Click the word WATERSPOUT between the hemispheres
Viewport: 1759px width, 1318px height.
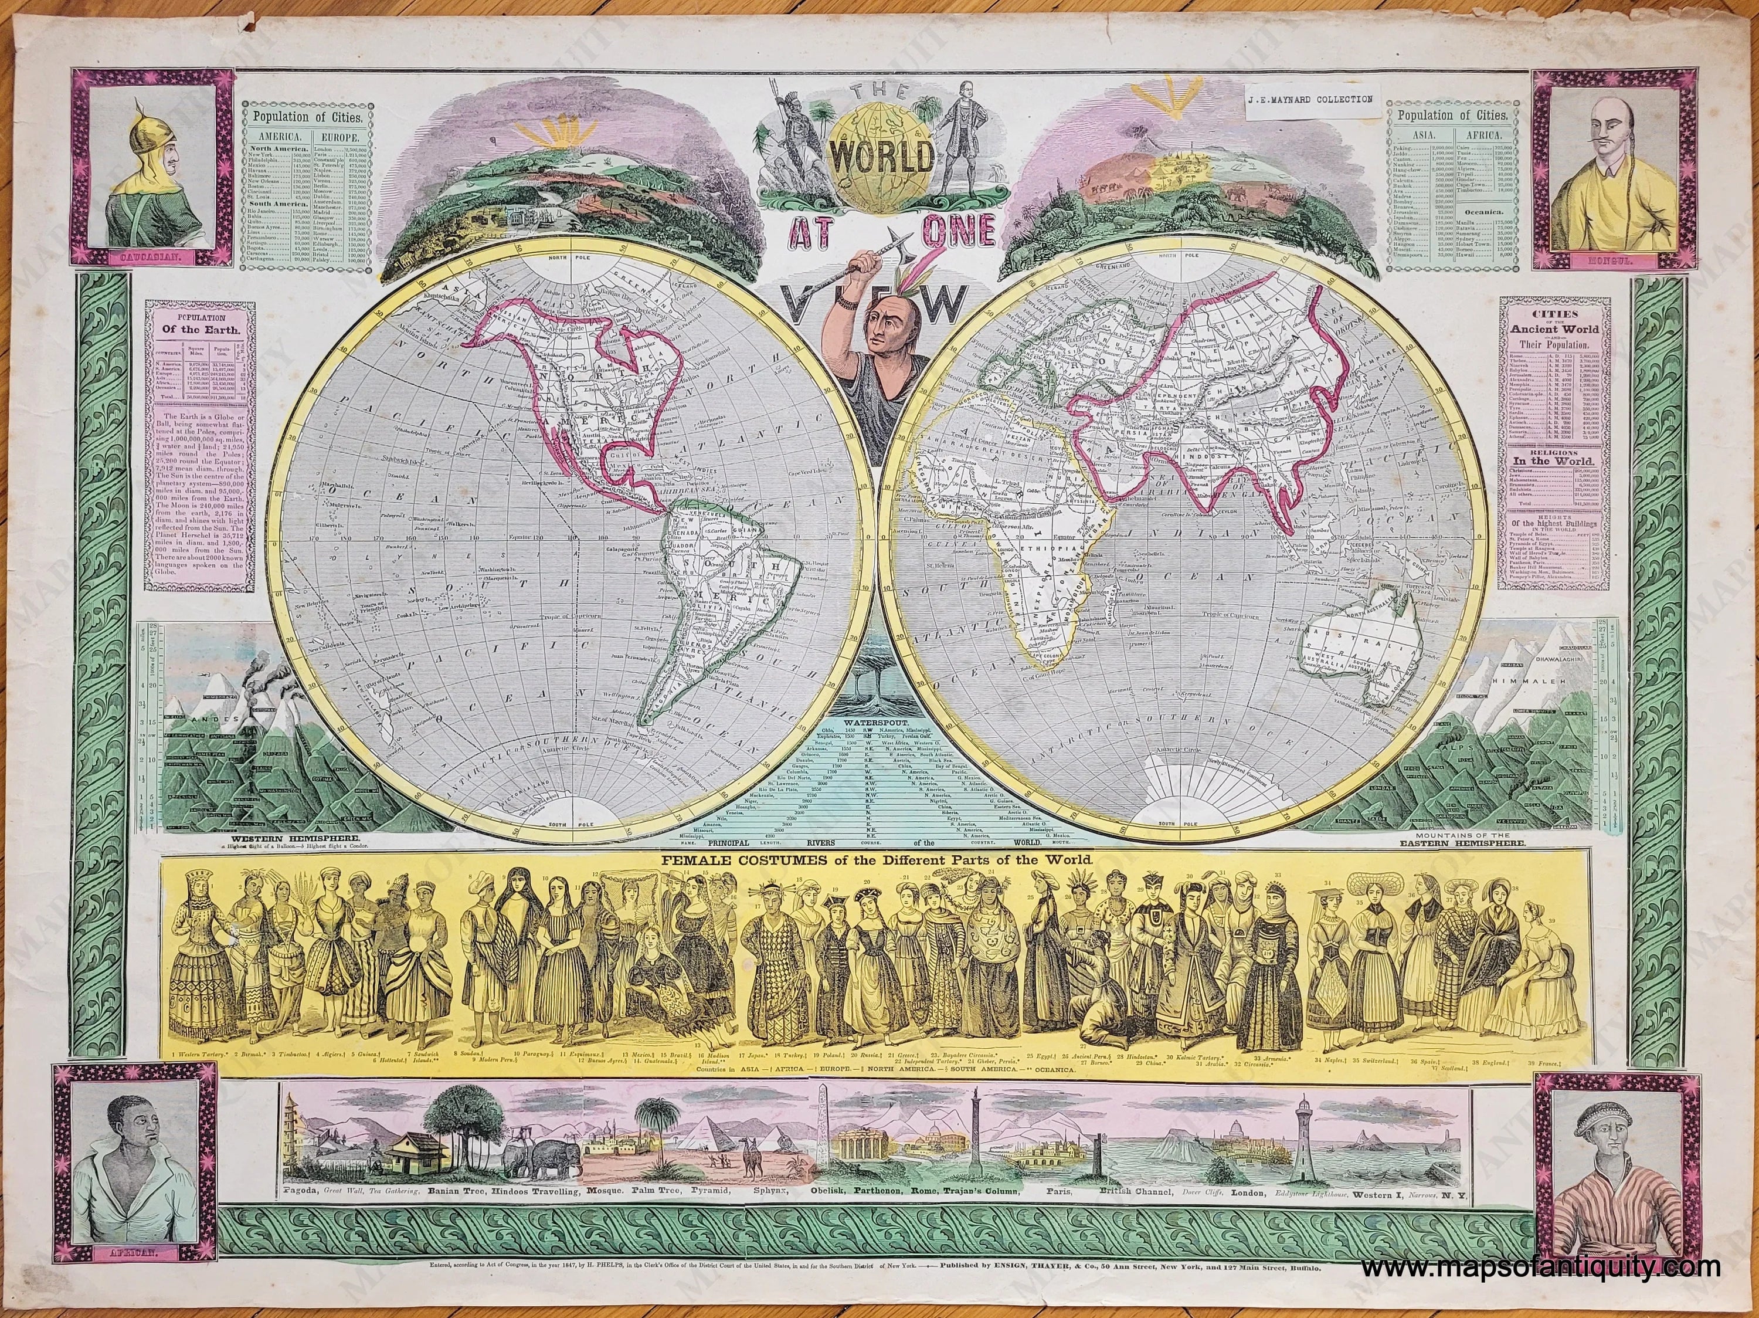tap(871, 702)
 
